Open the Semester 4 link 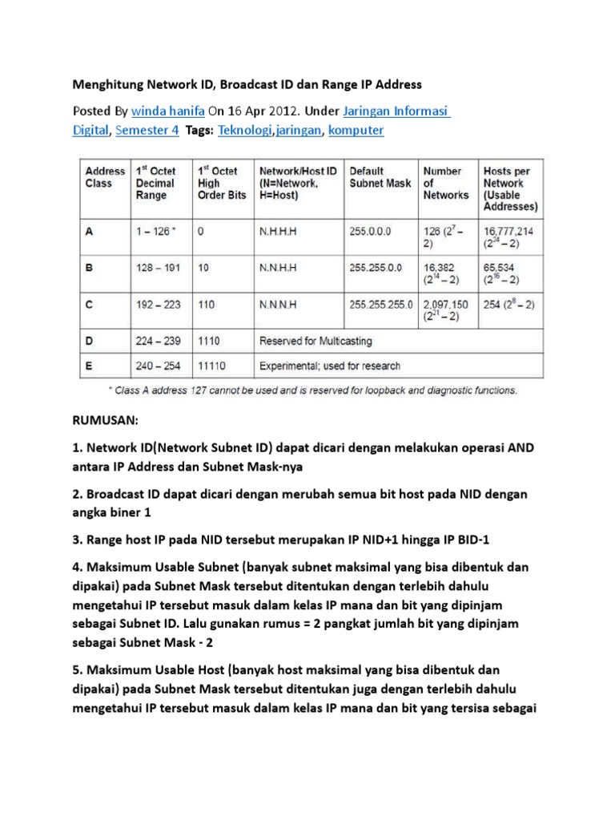(147, 130)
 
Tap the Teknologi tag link (245, 130)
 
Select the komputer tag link (356, 130)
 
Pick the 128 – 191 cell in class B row (157, 269)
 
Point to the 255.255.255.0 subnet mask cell (381, 305)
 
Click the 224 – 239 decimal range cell (159, 341)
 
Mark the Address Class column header (105, 177)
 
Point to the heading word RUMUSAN (107, 419)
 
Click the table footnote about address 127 (313, 391)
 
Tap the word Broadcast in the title (250, 83)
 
